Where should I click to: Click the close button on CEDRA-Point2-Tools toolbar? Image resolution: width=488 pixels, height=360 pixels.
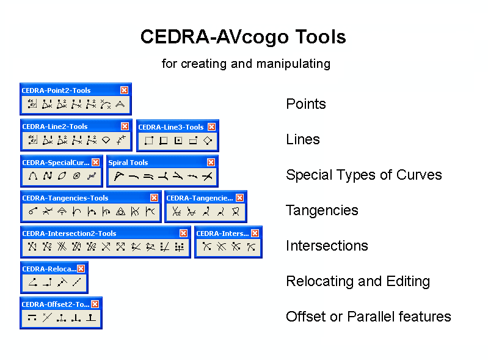(x=124, y=90)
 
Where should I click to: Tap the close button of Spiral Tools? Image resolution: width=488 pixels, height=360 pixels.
(x=211, y=162)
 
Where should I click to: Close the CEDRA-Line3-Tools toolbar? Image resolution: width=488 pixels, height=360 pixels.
(x=212, y=127)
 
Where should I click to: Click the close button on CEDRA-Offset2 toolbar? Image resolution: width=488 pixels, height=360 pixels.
(x=95, y=304)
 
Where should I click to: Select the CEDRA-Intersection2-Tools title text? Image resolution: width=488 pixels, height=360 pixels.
(x=69, y=233)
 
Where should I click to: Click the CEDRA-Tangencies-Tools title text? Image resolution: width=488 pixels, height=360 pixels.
(x=65, y=198)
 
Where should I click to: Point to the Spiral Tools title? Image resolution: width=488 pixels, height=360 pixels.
(x=128, y=163)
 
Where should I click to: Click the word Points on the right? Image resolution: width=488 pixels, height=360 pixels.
(x=306, y=104)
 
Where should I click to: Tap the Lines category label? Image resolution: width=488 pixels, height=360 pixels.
(x=303, y=139)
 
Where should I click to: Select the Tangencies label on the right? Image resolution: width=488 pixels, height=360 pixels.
(x=322, y=210)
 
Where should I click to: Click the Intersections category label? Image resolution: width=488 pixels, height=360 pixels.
(x=327, y=246)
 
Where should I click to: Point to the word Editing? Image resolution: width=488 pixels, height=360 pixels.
(x=408, y=282)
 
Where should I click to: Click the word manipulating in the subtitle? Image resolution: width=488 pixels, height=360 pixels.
(x=294, y=64)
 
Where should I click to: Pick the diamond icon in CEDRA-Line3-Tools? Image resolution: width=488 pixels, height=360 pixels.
(x=208, y=141)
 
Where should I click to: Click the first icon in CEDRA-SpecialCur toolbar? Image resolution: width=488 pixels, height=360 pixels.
(x=33, y=176)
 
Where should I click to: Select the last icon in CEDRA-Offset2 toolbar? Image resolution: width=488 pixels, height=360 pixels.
(x=91, y=318)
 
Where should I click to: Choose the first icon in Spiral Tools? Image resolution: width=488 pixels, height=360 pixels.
(x=118, y=176)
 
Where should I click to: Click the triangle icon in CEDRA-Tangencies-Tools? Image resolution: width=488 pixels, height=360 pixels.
(x=120, y=211)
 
